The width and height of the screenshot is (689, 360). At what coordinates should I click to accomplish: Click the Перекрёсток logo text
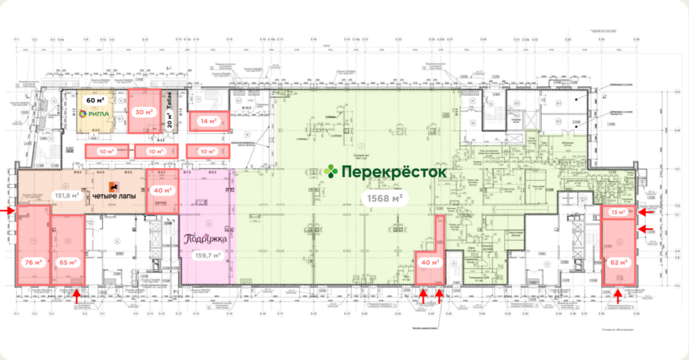[385, 172]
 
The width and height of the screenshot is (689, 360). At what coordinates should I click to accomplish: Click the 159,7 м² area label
[207, 256]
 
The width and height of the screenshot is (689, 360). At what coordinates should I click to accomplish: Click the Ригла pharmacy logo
[94, 114]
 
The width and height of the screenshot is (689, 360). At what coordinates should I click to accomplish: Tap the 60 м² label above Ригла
[95, 100]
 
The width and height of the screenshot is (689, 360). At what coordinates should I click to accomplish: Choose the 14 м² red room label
[207, 121]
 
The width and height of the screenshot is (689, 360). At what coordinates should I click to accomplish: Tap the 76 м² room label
[33, 263]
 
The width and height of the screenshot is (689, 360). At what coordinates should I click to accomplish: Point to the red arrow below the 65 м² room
[77, 295]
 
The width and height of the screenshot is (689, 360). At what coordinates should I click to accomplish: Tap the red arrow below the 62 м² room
[618, 295]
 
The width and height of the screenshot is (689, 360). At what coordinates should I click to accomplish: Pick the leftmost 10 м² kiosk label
[106, 151]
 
